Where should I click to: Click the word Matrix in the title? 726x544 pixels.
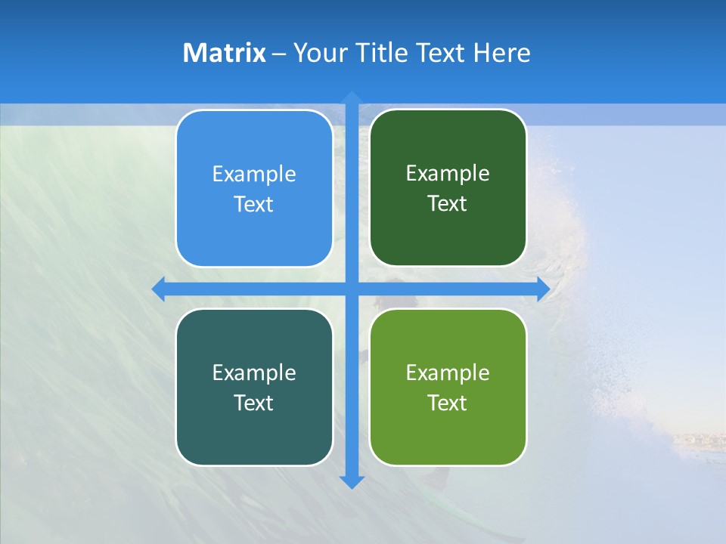[224, 53]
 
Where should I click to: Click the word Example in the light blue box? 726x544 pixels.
[254, 174]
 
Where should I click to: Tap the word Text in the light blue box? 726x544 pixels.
[254, 204]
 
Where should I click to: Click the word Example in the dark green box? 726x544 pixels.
[448, 173]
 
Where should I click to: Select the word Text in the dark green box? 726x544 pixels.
[448, 203]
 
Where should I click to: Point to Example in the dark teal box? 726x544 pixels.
[254, 372]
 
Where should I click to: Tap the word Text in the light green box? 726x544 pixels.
[448, 403]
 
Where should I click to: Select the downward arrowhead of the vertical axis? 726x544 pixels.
[352, 481]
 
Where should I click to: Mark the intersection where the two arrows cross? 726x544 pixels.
[352, 289]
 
